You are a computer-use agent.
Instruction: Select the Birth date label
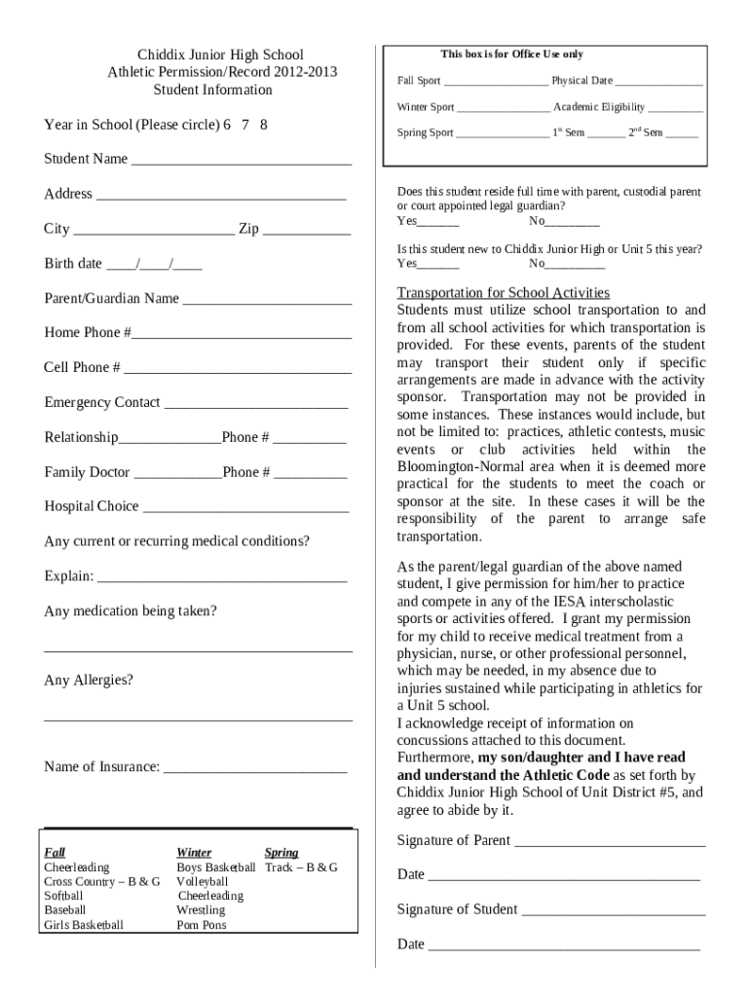[x=73, y=264]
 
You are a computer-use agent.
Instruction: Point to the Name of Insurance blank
[x=255, y=769]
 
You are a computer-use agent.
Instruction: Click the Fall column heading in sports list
[x=55, y=852]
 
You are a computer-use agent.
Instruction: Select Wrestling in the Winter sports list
[x=200, y=910]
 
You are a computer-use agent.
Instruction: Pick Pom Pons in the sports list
[x=201, y=925]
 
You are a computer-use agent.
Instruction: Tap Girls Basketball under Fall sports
[x=84, y=925]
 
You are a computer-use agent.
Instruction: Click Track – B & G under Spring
[x=301, y=867]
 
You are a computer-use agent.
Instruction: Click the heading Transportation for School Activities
[x=503, y=293]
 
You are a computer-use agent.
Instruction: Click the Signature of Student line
[x=613, y=912]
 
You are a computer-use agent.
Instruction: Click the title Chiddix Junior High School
[x=220, y=55]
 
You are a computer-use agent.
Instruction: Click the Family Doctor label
[x=87, y=472]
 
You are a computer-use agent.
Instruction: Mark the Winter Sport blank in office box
[x=503, y=109]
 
